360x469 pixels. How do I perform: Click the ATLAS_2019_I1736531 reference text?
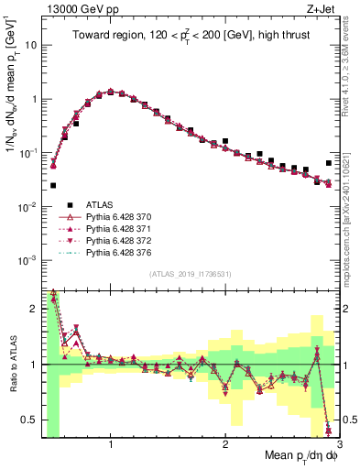pyautogui.click(x=191, y=275)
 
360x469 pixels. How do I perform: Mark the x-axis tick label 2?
pyautogui.click(x=225, y=443)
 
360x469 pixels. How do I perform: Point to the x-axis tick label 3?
pyautogui.click(x=338, y=443)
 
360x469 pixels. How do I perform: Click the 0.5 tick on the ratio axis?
pyautogui.click(x=29, y=420)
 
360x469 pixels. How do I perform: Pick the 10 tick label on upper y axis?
pyautogui.click(x=30, y=45)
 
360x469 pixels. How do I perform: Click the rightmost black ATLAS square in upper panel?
pyautogui.click(x=329, y=164)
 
